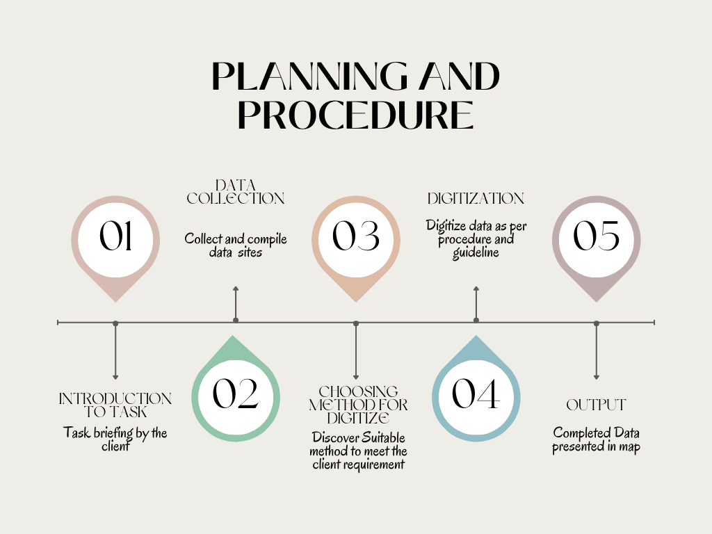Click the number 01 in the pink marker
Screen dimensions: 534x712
(115, 237)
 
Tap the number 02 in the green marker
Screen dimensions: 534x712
(236, 394)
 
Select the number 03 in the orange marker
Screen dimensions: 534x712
(356, 237)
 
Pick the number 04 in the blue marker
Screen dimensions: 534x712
(476, 394)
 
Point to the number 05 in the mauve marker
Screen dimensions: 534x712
(597, 237)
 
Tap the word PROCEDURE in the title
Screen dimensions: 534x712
(356, 115)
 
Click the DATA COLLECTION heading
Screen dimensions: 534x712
(236, 192)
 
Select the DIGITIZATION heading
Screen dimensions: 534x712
(476, 199)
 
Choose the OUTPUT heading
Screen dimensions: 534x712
(596, 405)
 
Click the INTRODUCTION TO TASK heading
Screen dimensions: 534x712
(115, 405)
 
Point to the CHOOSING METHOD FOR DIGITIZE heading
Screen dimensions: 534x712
(358, 405)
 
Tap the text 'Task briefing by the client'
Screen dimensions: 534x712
(115, 439)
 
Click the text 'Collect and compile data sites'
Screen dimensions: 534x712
(236, 245)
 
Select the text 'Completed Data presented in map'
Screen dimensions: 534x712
(596, 440)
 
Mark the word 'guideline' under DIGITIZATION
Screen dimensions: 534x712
(476, 253)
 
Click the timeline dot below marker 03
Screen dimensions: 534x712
(356, 323)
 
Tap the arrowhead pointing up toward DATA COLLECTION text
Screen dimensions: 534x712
(236, 289)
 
